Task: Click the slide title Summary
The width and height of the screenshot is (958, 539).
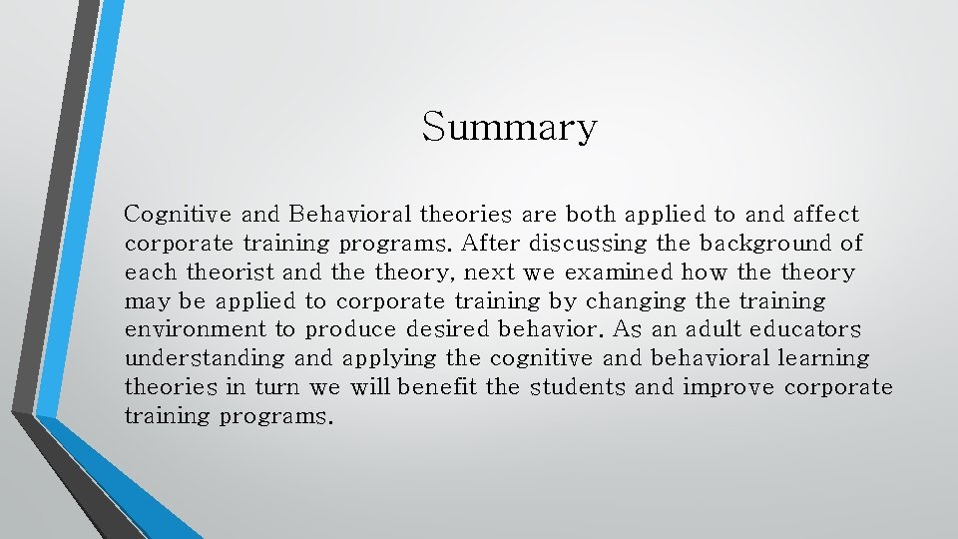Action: point(509,128)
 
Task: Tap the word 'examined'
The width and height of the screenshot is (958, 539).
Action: point(620,271)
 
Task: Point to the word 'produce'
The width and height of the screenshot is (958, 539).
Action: point(346,330)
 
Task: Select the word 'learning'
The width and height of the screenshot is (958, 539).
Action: point(824,358)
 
